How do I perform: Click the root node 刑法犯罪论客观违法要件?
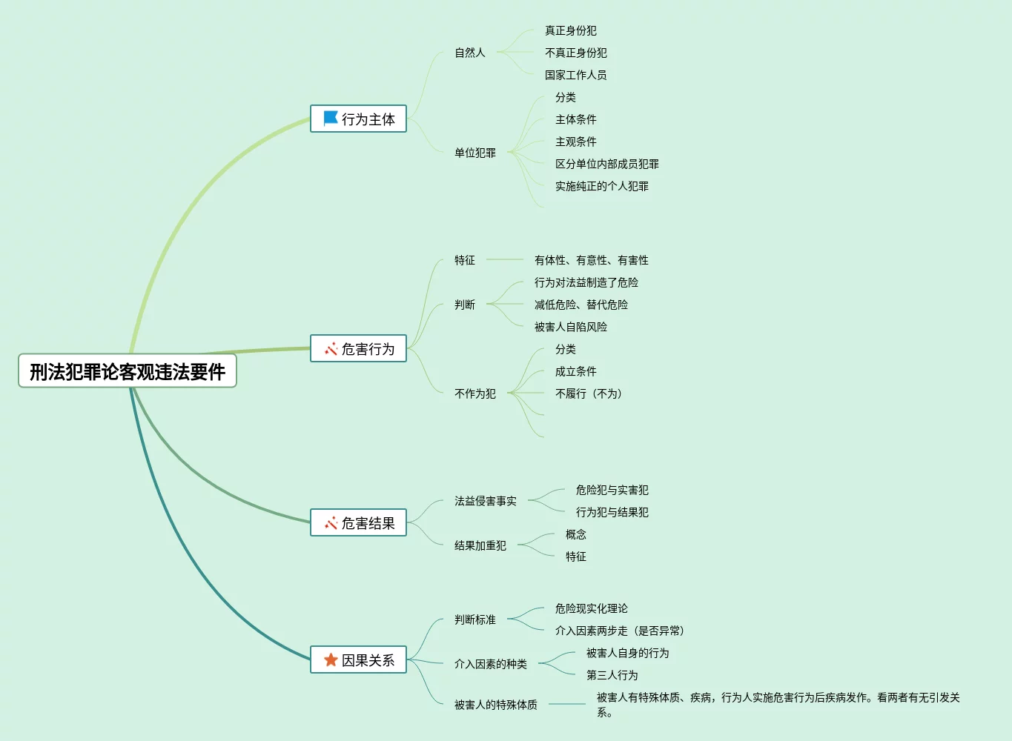pos(128,371)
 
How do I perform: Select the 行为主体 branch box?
pos(359,119)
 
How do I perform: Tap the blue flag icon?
pos(331,119)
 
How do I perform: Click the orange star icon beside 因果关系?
pos(331,659)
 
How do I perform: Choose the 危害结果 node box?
pos(359,523)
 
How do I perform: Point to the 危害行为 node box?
pos(359,348)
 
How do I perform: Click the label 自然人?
pos(470,53)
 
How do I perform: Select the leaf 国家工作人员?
pos(575,75)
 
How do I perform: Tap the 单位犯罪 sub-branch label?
pos(475,153)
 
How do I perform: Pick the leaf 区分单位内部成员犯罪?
pos(606,164)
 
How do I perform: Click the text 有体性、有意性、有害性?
pos(591,260)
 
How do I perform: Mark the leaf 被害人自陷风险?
pos(570,327)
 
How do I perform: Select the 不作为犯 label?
pos(475,393)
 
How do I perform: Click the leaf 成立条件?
pos(575,371)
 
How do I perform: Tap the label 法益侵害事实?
pos(486,501)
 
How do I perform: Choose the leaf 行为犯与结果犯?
pos(612,512)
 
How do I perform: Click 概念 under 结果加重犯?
pos(575,534)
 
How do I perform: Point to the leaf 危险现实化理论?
pos(591,608)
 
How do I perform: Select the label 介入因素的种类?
pos(491,664)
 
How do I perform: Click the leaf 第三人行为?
pos(612,675)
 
